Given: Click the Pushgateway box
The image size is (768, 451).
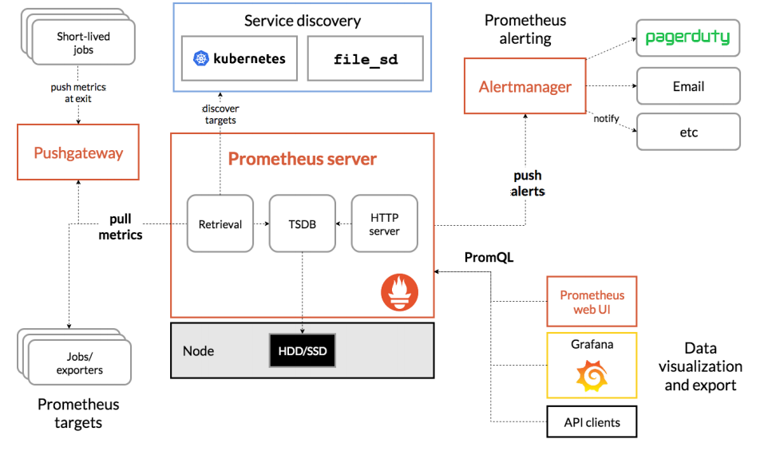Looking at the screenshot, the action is pos(78,152).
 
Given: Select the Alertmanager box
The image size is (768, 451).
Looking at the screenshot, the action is pos(525,86).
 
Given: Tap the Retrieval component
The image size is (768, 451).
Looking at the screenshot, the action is pos(220,224).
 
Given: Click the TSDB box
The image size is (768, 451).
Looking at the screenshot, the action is pos(303,224).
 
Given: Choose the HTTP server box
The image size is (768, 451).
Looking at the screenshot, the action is pos(385,224).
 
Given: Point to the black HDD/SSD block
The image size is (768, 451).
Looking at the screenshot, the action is pos(303,350).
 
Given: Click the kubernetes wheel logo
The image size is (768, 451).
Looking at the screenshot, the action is pos(201,58).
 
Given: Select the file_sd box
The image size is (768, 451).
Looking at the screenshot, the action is pos(366,58).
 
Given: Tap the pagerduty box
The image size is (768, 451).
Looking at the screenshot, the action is pos(687,38).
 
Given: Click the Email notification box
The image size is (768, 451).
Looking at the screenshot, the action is pos(688,86).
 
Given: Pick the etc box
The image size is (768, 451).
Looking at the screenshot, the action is pos(688,132).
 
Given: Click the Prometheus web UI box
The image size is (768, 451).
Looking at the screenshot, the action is pos(592,302).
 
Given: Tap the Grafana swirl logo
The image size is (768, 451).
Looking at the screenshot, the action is pos(592,376).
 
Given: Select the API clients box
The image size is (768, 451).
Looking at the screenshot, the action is pos(592,421).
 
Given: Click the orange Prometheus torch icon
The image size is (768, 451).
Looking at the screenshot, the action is pos(400,292).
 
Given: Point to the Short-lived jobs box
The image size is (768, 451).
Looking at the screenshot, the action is pos(83,43).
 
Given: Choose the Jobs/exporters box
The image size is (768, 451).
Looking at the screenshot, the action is pos(79,363).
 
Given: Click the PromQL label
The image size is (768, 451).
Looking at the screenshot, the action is pos(489,257).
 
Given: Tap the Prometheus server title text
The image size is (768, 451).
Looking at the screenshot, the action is pos(303,159).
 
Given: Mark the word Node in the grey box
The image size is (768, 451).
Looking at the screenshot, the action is pos(198,350).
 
